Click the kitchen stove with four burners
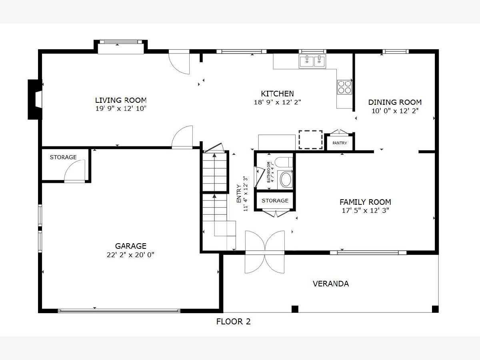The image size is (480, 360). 344,87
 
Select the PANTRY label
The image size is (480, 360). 340,143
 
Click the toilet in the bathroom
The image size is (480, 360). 284,162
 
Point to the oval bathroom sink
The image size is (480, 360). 286,180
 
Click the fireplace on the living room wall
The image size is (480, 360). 35,100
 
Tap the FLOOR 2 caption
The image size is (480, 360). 233,322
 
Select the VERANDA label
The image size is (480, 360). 331,284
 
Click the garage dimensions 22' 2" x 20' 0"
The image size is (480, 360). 130,255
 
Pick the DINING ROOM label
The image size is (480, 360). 395,102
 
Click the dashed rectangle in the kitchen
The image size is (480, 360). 310,140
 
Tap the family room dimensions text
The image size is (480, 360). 366,210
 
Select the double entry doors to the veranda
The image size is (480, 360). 265,252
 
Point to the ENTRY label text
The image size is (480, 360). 239,194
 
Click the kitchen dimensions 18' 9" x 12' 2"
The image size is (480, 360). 277,102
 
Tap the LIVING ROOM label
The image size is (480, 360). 121,100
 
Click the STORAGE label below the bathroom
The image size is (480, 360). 275,200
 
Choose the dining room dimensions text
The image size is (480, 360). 395,111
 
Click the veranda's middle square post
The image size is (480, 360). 295,309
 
